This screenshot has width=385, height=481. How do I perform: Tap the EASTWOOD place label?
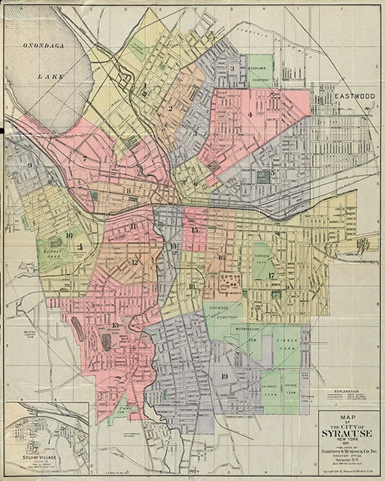[355, 96]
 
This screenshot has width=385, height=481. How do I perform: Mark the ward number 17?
[271, 275]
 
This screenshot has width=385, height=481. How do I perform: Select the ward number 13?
[115, 326]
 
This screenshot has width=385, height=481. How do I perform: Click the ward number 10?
[69, 235]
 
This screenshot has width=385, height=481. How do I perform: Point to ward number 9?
[30, 165]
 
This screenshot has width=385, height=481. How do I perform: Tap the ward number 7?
[84, 159]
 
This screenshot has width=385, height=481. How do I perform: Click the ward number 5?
[272, 173]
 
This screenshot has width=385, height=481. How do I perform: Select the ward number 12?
[135, 262]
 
